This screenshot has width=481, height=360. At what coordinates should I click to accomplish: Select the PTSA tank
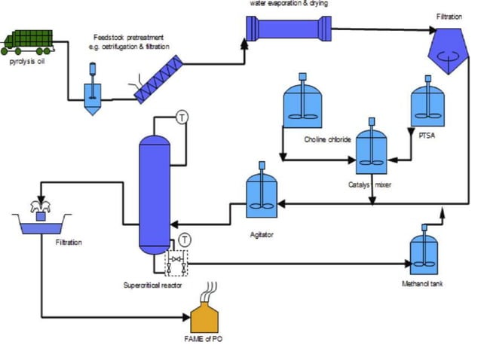point(427,105)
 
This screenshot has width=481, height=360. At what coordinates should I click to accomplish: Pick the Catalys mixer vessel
point(372,149)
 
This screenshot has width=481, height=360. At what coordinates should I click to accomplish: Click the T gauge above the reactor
point(182,116)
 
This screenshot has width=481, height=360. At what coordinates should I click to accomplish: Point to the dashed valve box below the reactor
point(175,261)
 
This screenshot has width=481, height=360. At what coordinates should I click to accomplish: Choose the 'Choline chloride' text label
point(328,139)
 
